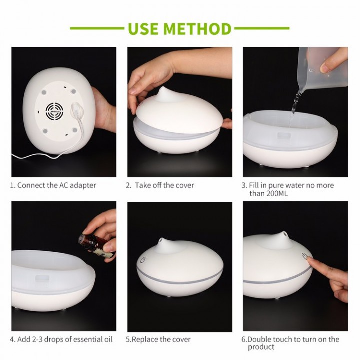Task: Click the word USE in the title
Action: [x=143, y=29]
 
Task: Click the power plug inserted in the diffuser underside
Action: [x=76, y=110]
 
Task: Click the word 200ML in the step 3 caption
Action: [x=277, y=194]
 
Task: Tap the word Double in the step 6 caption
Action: [x=259, y=339]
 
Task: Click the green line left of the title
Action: [x=97, y=28]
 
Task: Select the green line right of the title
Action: [x=262, y=28]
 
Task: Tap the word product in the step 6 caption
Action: [x=261, y=347]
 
